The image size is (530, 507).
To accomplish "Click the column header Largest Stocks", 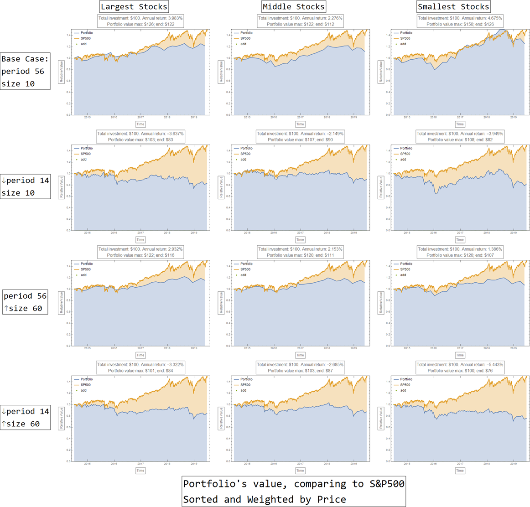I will (134, 6).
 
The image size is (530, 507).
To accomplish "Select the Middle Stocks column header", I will (294, 6).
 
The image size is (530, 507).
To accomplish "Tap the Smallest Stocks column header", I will (453, 6).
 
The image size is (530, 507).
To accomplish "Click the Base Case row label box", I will (25, 71).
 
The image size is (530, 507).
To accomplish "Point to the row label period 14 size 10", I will (25, 186).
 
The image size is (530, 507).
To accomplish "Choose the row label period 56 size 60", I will (25, 302).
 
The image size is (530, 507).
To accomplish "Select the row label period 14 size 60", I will (25, 417).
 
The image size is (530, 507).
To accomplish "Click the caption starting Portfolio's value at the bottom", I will (294, 491).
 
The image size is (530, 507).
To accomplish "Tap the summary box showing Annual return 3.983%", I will (140, 21).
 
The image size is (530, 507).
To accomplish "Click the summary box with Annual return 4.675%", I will (460, 21).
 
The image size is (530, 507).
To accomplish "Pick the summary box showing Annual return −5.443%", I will (460, 367).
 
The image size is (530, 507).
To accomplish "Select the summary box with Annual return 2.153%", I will (300, 252).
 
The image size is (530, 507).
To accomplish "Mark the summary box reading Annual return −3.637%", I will (140, 136).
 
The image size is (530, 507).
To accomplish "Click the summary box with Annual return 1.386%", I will (460, 252).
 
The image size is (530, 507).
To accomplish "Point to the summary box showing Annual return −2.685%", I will (300, 367).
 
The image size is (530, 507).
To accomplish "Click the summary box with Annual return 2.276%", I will (300, 21).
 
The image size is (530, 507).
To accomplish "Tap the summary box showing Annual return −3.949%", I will (460, 136).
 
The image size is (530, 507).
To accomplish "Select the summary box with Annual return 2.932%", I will (140, 252).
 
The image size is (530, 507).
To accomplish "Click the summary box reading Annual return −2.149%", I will (300, 136).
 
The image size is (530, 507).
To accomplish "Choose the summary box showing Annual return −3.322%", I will (140, 367).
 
